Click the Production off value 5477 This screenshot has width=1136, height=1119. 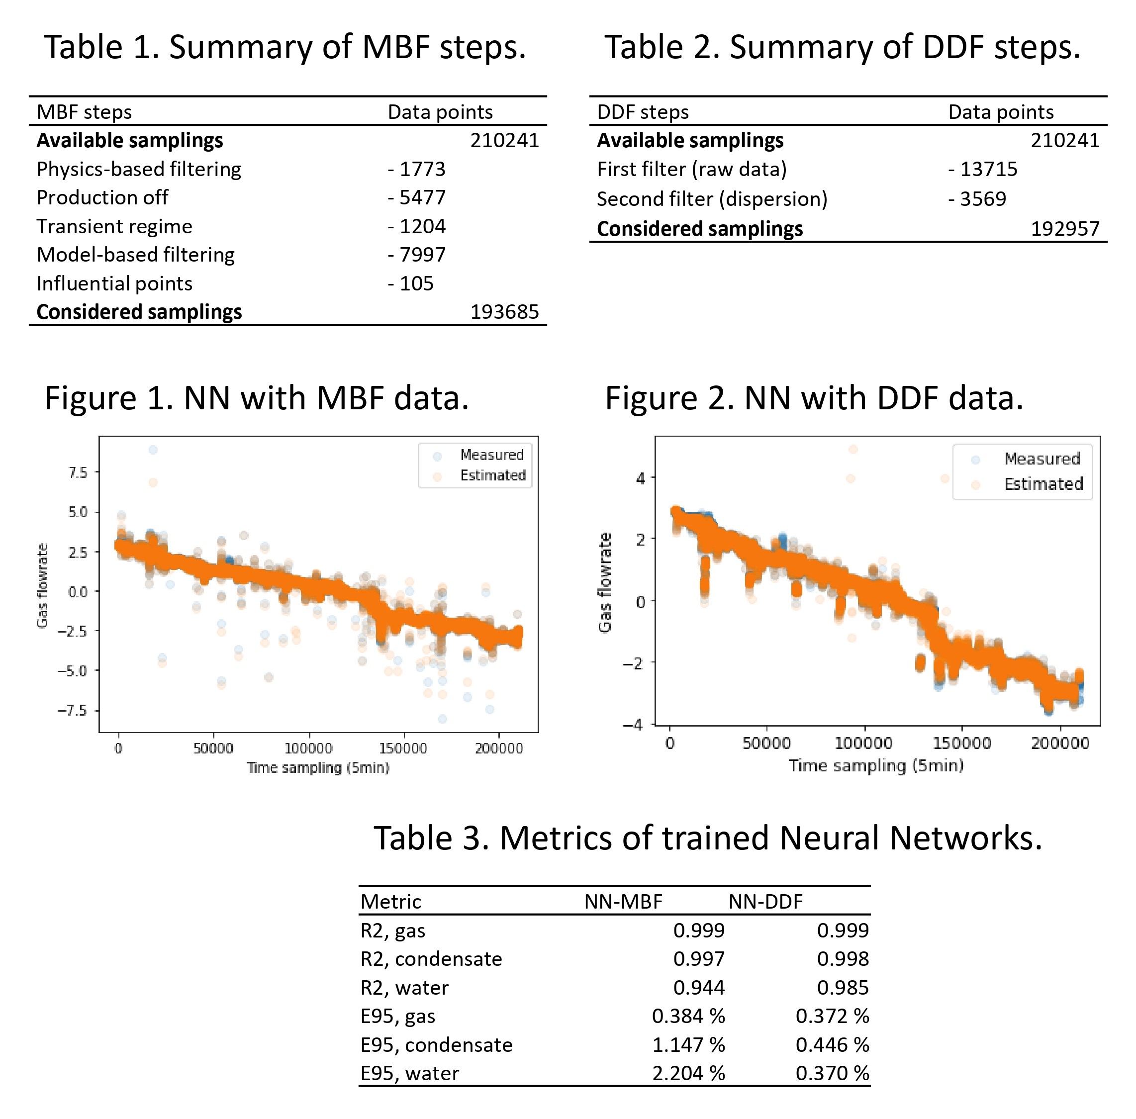[417, 197]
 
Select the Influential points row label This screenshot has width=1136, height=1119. [114, 283]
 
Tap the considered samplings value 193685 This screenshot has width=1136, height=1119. [504, 311]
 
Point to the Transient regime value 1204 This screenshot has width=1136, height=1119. [417, 226]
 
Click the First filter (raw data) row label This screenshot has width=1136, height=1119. [692, 169]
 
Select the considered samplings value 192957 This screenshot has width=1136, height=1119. [1065, 229]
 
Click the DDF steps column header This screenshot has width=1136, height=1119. [642, 112]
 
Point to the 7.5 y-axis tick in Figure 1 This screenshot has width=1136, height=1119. [78, 472]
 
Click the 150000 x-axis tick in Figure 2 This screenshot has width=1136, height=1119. [961, 744]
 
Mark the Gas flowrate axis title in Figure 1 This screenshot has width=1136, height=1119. [42, 585]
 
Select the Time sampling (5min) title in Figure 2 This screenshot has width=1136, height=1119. [876, 766]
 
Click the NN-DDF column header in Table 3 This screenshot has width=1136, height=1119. [765, 902]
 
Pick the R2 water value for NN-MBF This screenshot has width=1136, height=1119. [698, 987]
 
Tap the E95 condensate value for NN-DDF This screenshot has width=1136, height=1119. [832, 1045]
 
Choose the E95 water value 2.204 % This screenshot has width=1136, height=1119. [688, 1073]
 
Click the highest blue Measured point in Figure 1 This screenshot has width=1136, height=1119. [153, 450]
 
